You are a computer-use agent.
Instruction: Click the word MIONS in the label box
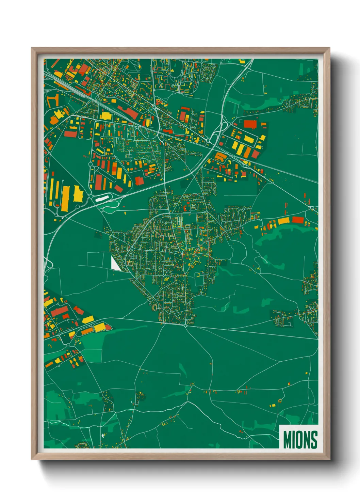(300, 440)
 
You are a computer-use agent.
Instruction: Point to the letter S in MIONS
(314, 440)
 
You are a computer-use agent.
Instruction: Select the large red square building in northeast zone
(250, 124)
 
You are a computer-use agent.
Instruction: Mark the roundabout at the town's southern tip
(185, 326)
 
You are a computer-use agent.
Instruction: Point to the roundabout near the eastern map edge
(312, 208)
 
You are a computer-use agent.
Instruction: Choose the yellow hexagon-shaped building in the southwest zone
(100, 328)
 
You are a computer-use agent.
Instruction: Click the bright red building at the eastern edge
(297, 220)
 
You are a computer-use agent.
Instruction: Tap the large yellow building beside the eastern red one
(283, 221)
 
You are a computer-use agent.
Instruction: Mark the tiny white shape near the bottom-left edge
(102, 436)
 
